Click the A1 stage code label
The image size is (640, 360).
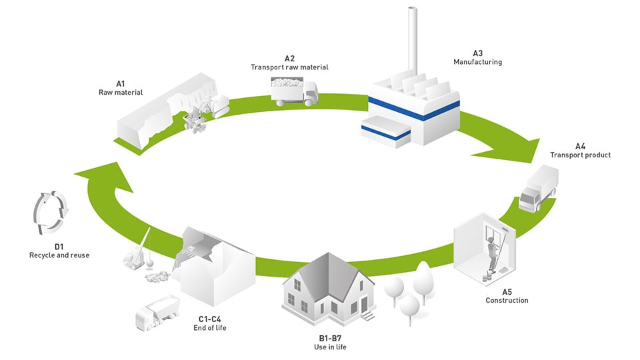point(121,84)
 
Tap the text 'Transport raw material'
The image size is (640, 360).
point(289,67)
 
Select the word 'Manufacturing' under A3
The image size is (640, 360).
point(477,62)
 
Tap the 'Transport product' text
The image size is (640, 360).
point(580,155)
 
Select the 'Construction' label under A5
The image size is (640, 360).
point(507,301)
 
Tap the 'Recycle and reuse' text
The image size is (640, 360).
point(59,255)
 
